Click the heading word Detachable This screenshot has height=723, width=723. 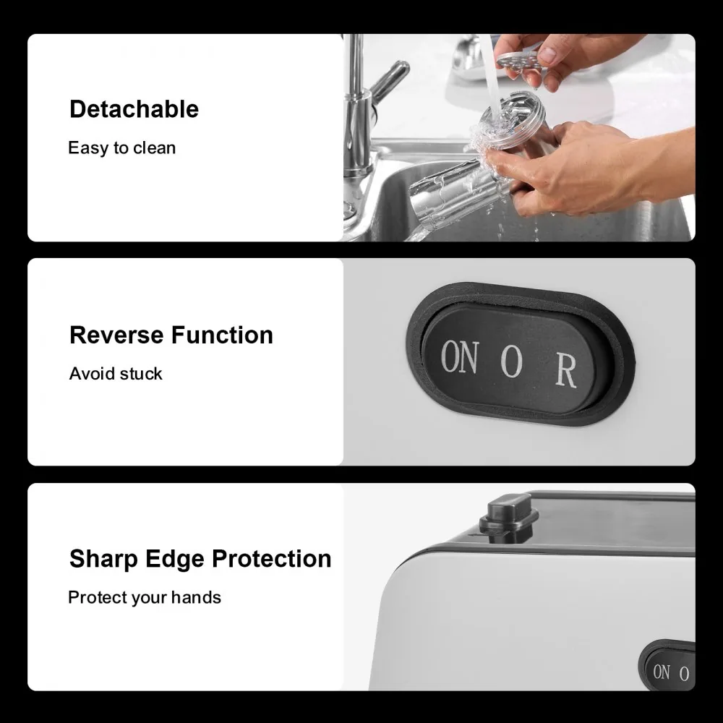click(134, 109)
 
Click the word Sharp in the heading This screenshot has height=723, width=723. click(103, 560)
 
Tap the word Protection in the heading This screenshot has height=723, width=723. click(272, 559)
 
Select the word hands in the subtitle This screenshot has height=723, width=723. click(196, 597)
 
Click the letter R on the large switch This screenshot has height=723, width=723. click(566, 371)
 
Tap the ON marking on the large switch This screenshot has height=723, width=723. click(459, 357)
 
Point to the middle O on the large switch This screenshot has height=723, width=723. click(512, 361)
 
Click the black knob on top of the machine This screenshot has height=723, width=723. click(508, 516)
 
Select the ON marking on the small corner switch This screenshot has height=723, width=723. click(662, 672)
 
